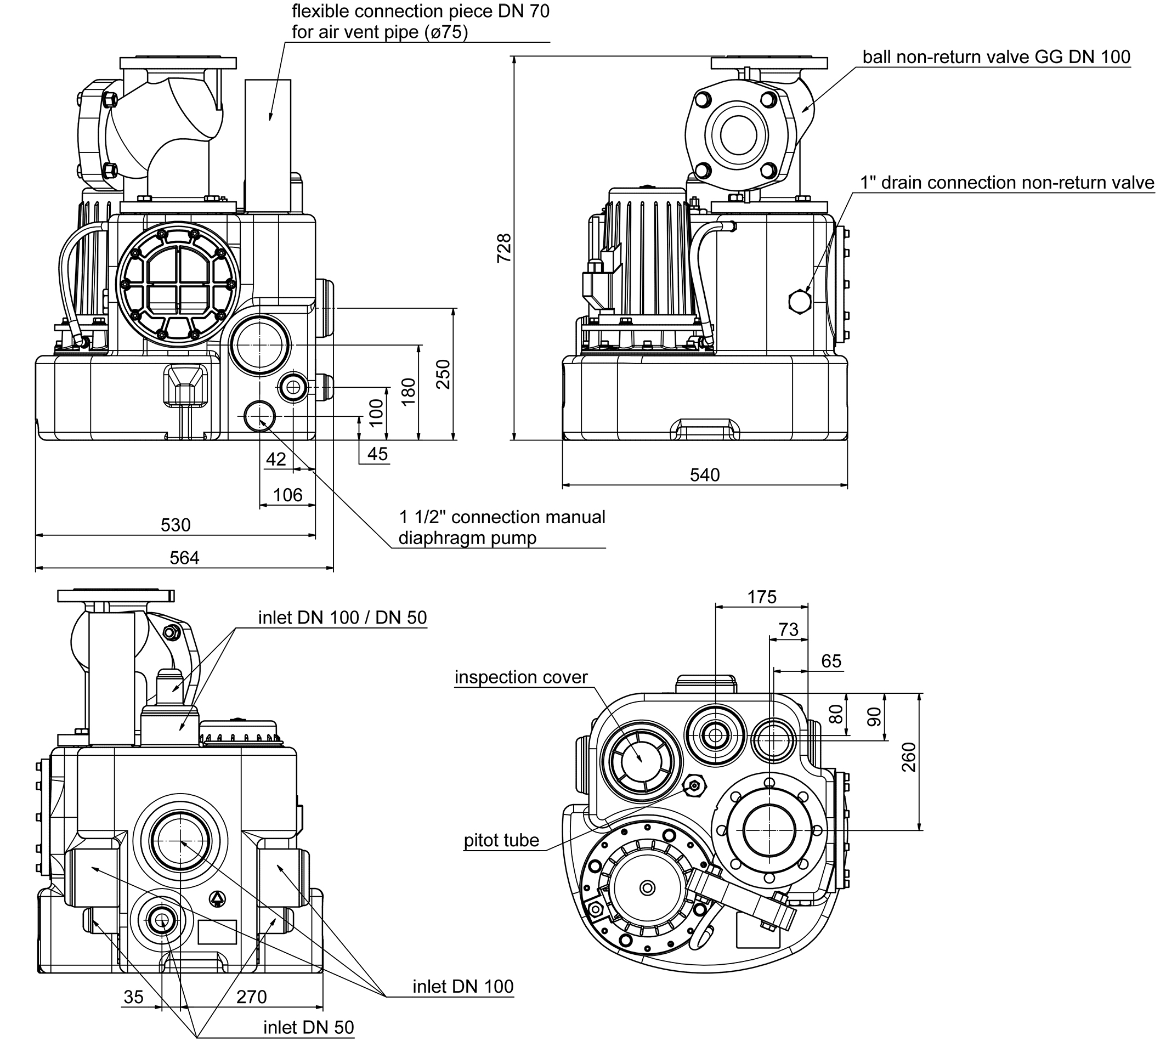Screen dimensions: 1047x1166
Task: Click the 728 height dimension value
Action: point(504,248)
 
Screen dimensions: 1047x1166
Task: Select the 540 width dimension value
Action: point(704,474)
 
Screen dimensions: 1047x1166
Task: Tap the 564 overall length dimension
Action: point(184,557)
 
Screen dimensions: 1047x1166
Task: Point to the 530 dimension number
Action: point(176,525)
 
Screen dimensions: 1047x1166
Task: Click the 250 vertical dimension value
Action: point(443,374)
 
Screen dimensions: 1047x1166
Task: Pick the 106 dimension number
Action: point(287,495)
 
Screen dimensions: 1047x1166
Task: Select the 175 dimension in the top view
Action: point(762,597)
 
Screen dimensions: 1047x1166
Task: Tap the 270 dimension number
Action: point(251,997)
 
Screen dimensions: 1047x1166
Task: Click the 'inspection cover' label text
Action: point(520,677)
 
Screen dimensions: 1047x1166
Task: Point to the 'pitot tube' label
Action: point(501,840)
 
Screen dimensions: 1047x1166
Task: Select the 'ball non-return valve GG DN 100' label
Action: point(997,57)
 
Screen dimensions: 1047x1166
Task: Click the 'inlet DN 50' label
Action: point(308,1027)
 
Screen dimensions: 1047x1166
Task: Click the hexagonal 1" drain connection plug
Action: point(799,301)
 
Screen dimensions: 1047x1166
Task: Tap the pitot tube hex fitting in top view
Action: point(694,785)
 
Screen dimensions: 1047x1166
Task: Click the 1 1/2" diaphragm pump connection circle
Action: point(259,415)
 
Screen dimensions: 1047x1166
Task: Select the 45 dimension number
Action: point(377,454)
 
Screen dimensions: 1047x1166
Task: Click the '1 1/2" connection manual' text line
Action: point(502,517)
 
